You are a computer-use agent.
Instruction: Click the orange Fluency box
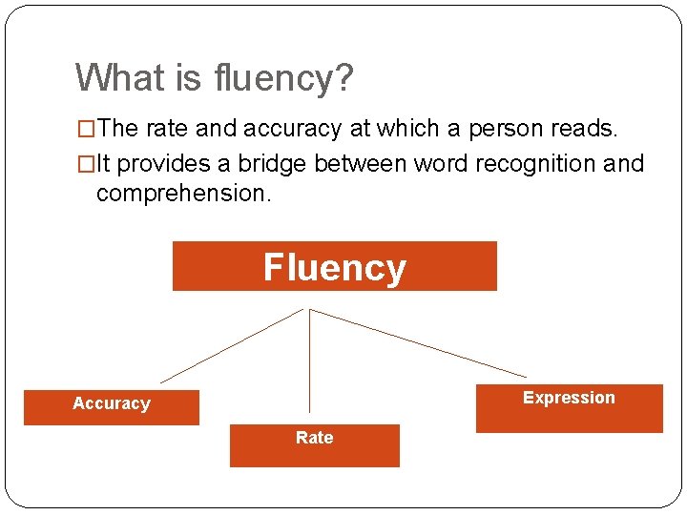click(x=334, y=266)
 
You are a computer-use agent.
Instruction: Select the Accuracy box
click(x=112, y=406)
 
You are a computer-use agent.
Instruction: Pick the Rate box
click(x=314, y=444)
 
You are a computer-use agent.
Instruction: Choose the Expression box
click(x=569, y=408)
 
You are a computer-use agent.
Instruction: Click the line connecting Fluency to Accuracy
click(x=231, y=346)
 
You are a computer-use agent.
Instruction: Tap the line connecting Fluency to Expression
click(x=418, y=342)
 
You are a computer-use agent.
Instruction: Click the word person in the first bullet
click(x=465, y=129)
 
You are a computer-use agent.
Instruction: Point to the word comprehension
click(x=183, y=195)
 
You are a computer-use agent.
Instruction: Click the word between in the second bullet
click(x=360, y=164)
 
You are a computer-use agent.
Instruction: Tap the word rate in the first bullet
click(x=164, y=129)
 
